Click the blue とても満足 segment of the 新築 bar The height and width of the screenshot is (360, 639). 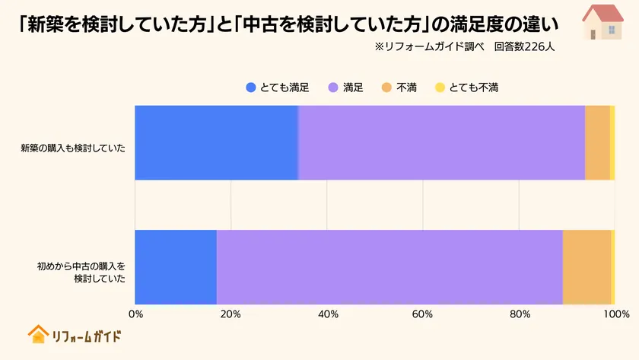(216, 142)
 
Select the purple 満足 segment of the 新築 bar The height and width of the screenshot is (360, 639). (441, 142)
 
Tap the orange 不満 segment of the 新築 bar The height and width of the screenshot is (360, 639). (597, 142)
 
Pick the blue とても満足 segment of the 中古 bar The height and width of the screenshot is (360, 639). (176, 266)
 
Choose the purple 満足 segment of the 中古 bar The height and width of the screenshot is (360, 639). (389, 266)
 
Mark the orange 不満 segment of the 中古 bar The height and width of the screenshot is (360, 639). (587, 266)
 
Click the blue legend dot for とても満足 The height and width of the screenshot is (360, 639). (251, 88)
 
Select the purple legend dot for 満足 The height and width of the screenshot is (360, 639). (332, 88)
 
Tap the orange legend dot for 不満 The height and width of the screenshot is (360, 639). (386, 88)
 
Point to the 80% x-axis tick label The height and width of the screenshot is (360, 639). (519, 314)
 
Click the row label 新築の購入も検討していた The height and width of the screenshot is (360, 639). (73, 147)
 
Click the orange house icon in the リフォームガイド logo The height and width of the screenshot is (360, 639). (38, 334)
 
